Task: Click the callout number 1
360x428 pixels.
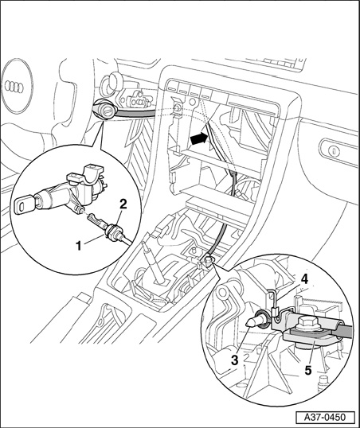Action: pyautogui.click(x=79, y=246)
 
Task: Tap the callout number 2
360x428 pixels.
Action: pyautogui.click(x=123, y=204)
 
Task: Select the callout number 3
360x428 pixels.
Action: pyautogui.click(x=234, y=360)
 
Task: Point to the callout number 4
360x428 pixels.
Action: pyautogui.click(x=304, y=279)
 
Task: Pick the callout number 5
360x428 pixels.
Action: pyautogui.click(x=308, y=371)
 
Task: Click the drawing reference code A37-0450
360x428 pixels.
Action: pyautogui.click(x=325, y=417)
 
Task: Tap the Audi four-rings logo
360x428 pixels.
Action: pyautogui.click(x=14, y=87)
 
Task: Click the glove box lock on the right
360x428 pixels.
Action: pyautogui.click(x=334, y=150)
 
